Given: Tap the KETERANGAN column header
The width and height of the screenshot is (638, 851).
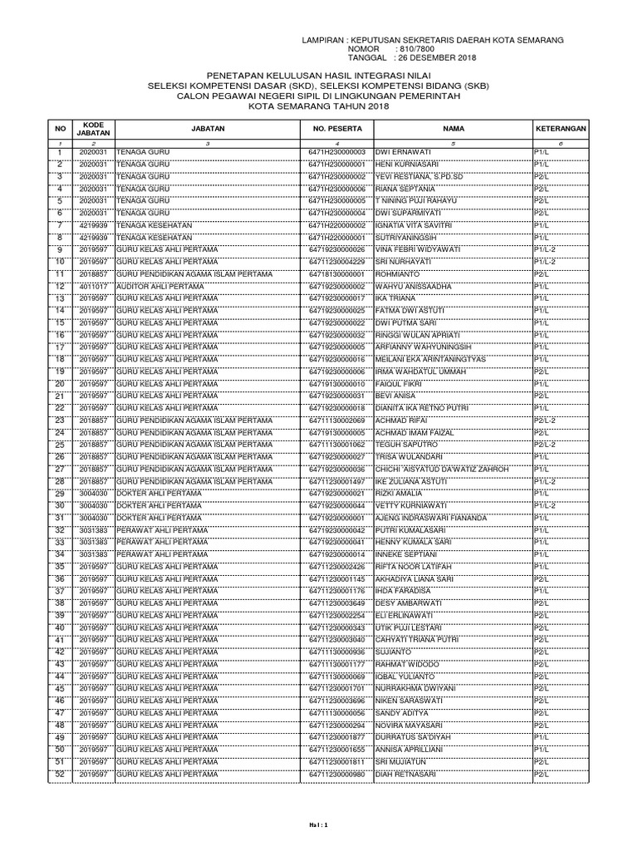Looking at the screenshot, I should (560, 130).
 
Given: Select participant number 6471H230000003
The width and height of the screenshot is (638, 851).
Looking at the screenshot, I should (336, 153).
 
